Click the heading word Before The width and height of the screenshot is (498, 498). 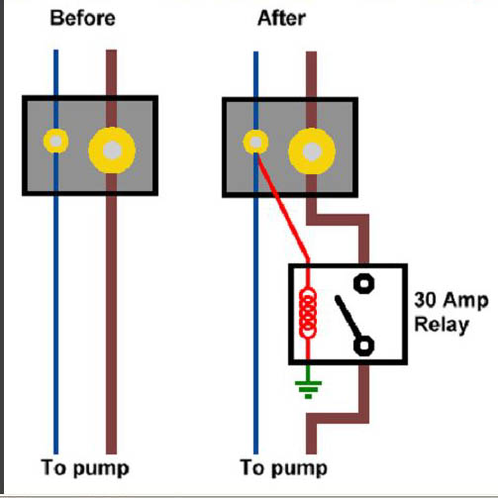click(82, 18)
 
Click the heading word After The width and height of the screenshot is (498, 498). click(281, 18)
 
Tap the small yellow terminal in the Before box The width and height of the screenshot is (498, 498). click(55, 141)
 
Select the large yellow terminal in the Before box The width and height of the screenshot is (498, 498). click(112, 150)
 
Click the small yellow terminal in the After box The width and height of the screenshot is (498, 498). click(255, 143)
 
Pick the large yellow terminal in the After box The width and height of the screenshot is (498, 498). click(312, 151)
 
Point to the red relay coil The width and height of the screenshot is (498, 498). click(308, 313)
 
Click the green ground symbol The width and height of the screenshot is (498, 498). click(308, 390)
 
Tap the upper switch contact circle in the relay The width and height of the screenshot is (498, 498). click(363, 283)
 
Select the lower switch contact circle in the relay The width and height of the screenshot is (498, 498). click(363, 346)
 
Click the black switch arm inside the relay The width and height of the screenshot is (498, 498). click(348, 317)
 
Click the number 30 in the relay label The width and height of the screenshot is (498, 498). click(425, 300)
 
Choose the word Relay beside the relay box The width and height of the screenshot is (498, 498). click(442, 325)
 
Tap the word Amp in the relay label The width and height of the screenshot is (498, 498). click(465, 301)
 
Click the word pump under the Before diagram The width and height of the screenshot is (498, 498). click(101, 468)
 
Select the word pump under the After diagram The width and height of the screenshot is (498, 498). click(299, 468)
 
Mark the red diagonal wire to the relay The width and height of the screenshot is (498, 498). click(283, 207)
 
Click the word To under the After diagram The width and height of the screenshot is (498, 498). click(253, 467)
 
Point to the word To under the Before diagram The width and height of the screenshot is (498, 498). click(54, 467)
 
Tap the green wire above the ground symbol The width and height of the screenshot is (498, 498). click(308, 373)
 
